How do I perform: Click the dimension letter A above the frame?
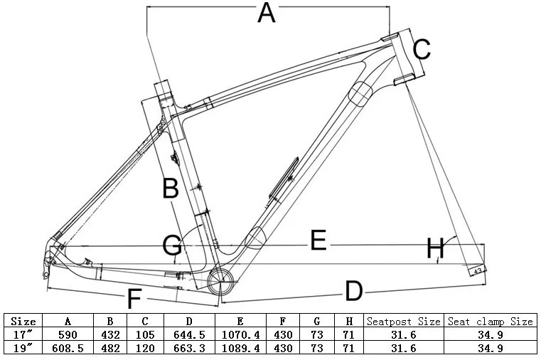266,14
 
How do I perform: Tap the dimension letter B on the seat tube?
171,189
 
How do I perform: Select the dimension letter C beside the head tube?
422,50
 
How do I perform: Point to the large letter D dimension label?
353,290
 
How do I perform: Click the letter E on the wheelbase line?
318,241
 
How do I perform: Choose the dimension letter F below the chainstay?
134,300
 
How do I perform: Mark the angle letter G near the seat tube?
172,245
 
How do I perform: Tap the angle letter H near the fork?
435,250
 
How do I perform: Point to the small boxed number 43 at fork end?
478,270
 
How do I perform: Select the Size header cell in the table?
23,322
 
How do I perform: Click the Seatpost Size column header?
405,322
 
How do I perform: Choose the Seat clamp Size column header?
490,322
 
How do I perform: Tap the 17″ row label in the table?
23,334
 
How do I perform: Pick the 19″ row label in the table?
23,348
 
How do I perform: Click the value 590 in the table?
68,334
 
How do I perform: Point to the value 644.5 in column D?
190,334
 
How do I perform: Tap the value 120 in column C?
145,348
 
